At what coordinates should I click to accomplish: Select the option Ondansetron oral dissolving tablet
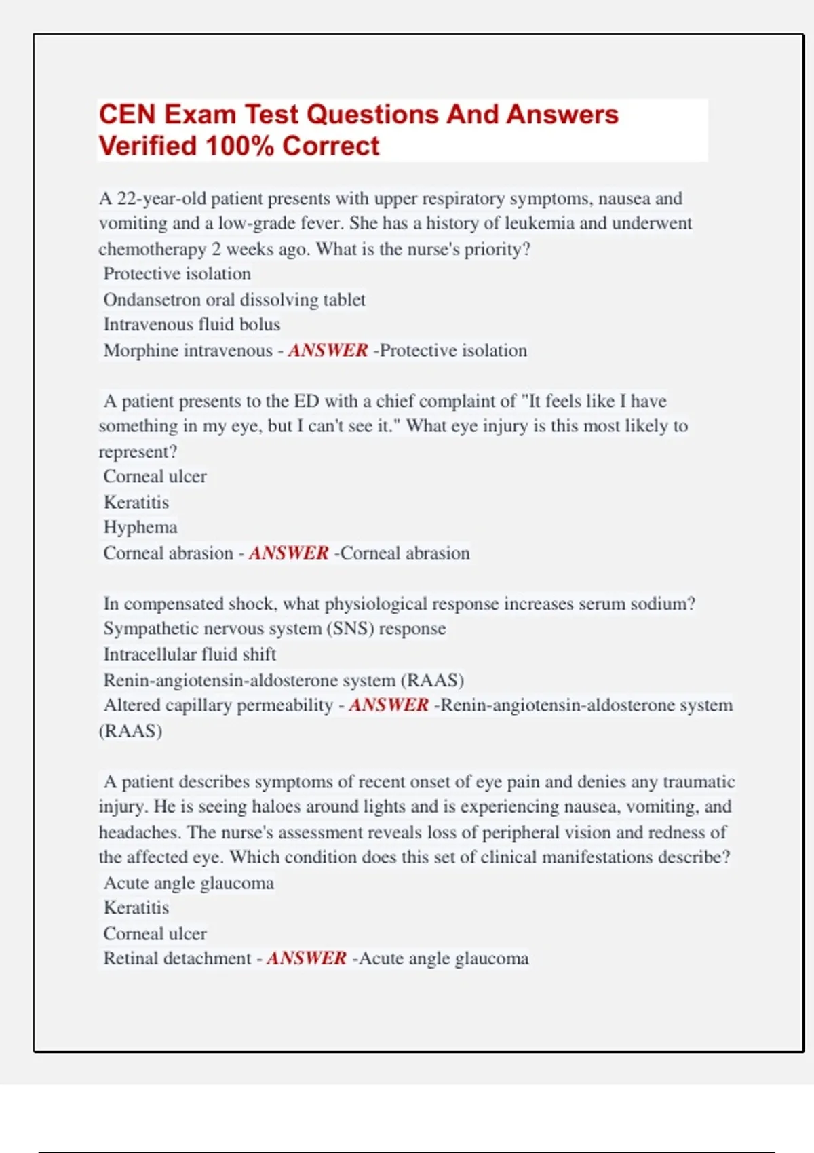click(x=234, y=300)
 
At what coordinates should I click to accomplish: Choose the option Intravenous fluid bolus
click(x=191, y=325)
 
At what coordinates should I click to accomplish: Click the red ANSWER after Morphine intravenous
click(x=328, y=351)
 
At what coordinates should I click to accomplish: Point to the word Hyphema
click(x=140, y=528)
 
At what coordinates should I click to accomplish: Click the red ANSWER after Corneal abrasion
click(x=288, y=553)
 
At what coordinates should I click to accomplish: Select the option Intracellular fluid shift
click(x=189, y=654)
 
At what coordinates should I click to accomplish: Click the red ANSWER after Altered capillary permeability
click(x=389, y=705)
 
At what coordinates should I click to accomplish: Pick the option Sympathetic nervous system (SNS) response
click(x=274, y=629)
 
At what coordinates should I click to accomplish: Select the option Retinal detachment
click(x=177, y=958)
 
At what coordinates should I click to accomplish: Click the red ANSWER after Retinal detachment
click(x=307, y=958)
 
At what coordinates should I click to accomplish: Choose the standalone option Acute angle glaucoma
click(x=189, y=883)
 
